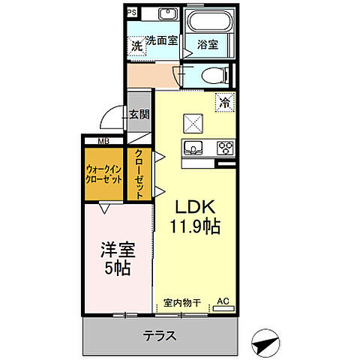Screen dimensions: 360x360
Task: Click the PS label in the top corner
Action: [131, 12]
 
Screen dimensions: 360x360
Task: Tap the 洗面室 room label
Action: [161, 41]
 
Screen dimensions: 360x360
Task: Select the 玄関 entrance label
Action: [138, 115]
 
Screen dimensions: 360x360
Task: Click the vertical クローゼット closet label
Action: [139, 173]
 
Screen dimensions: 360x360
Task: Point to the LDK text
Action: [198, 206]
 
